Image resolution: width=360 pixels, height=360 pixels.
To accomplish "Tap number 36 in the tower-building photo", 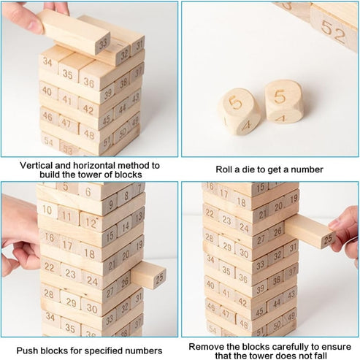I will (89, 83).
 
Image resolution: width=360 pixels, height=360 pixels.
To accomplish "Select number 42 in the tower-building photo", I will (88, 109).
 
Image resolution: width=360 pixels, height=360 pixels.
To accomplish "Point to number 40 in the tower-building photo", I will (47, 92).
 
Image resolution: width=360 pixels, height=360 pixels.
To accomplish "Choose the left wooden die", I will (239, 111).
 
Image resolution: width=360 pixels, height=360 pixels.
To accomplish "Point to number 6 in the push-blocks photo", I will (87, 191).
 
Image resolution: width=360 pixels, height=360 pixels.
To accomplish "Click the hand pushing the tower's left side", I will (19, 234).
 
